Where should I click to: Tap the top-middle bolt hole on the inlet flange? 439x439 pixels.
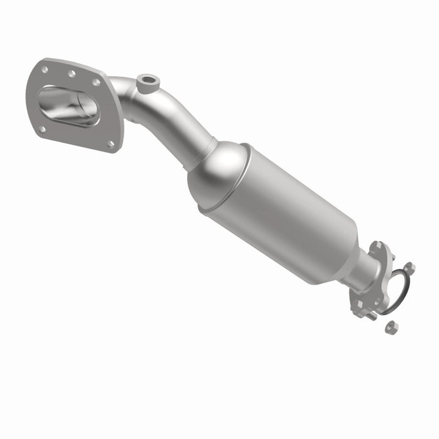(x=72, y=74)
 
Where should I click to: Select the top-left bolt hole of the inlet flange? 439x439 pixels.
(x=45, y=70)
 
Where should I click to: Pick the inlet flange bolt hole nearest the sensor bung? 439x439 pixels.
(x=96, y=82)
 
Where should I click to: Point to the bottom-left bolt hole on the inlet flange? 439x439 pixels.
(x=42, y=129)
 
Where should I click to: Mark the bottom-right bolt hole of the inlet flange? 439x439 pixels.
(x=110, y=144)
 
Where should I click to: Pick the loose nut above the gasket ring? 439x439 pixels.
(x=409, y=268)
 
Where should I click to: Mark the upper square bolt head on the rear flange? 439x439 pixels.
(x=378, y=245)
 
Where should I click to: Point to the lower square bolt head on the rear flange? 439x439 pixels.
(x=360, y=304)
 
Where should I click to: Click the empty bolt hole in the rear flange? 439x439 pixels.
(x=377, y=301)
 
